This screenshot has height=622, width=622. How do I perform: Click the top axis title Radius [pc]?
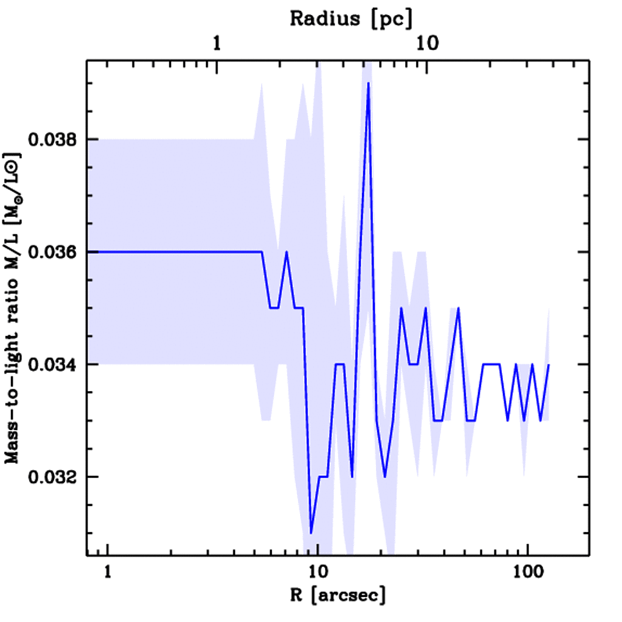pos(351,19)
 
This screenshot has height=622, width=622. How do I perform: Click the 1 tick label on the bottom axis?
pos(108,572)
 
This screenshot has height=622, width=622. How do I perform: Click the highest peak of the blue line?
pos(368,83)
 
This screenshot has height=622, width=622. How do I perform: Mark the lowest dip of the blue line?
pos(311,533)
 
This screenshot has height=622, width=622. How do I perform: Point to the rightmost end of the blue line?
pos(549,364)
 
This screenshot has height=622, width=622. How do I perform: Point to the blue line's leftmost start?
pos(89,251)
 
